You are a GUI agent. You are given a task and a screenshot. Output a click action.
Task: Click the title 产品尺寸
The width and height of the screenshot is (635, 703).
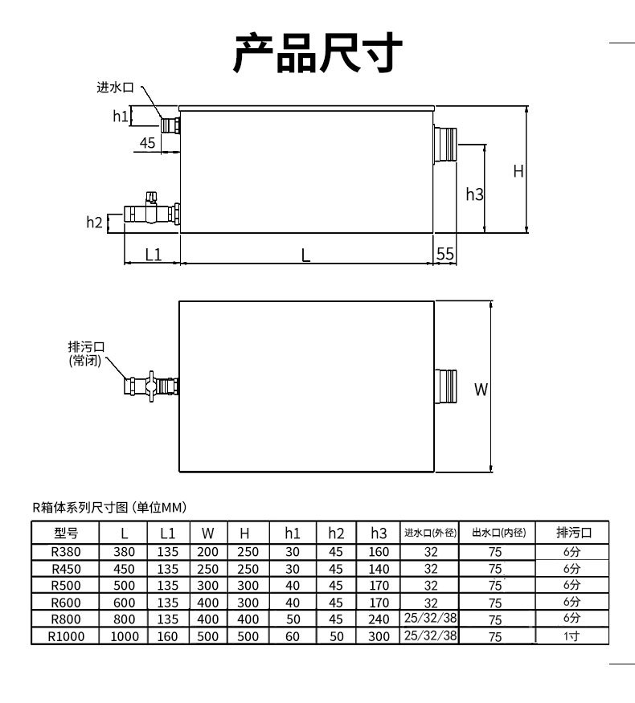(x=317, y=54)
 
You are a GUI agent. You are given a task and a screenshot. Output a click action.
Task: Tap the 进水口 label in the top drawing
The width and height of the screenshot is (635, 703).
(x=115, y=87)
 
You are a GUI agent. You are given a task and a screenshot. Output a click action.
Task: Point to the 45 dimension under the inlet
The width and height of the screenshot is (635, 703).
(x=148, y=143)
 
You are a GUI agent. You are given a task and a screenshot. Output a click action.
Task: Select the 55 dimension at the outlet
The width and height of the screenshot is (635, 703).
(x=445, y=254)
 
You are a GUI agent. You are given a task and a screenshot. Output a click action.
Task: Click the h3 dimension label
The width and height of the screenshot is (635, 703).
(x=474, y=194)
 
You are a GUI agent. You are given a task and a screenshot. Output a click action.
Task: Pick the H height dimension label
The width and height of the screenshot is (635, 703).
(x=518, y=170)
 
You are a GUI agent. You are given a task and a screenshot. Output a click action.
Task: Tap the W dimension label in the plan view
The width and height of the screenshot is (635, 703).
(x=481, y=390)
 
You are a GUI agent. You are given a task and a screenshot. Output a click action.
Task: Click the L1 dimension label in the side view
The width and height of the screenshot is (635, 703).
(x=153, y=254)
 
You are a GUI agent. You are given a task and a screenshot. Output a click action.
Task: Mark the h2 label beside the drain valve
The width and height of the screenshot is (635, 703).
(x=95, y=222)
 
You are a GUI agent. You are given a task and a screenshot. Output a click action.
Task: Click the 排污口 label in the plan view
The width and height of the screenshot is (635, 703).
(x=86, y=347)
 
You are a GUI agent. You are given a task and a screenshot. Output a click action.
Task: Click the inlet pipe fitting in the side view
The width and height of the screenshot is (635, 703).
(x=169, y=125)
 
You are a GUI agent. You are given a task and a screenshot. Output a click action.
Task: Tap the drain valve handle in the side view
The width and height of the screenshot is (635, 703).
(x=150, y=195)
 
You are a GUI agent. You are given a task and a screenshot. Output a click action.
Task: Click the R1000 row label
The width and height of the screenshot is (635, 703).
(x=65, y=636)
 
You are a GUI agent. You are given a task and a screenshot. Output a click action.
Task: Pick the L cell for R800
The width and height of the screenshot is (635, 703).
(x=124, y=619)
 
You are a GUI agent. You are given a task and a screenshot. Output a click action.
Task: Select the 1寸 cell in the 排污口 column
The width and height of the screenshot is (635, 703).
(x=571, y=636)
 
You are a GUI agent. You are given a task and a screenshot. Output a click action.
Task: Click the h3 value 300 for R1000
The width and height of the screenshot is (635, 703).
(x=379, y=636)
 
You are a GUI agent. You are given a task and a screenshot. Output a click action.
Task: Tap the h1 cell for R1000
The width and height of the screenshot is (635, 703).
(x=293, y=636)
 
